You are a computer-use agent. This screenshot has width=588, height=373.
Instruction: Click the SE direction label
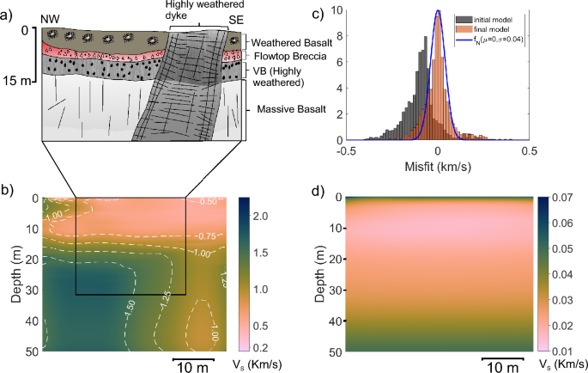(234, 19)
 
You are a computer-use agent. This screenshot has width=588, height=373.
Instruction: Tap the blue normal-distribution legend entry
(487, 39)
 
